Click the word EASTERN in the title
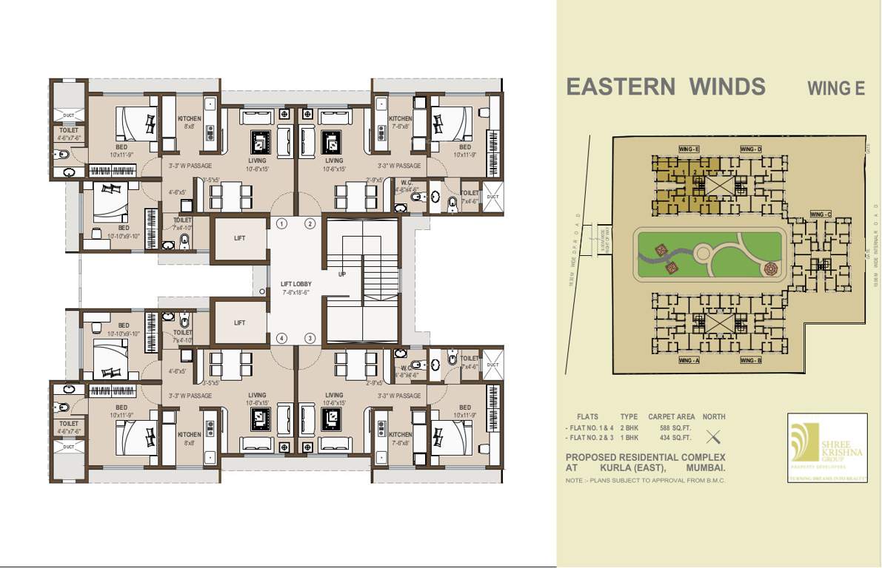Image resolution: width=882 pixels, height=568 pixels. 620,87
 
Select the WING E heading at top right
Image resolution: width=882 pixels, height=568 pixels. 836,89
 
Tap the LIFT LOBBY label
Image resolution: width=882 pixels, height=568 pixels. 296,284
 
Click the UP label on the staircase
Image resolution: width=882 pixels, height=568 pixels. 342,274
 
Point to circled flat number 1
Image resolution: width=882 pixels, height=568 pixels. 281,224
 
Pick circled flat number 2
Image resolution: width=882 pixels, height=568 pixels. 310,224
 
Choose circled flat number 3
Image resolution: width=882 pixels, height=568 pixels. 310,339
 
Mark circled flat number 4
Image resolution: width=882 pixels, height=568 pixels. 281,339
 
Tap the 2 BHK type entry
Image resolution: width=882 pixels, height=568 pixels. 629,427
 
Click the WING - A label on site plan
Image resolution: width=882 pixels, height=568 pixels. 689,360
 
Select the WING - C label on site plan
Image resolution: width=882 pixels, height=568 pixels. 821,214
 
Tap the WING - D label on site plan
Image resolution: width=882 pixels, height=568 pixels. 750,149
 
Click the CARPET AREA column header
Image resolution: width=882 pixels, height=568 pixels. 671,416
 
